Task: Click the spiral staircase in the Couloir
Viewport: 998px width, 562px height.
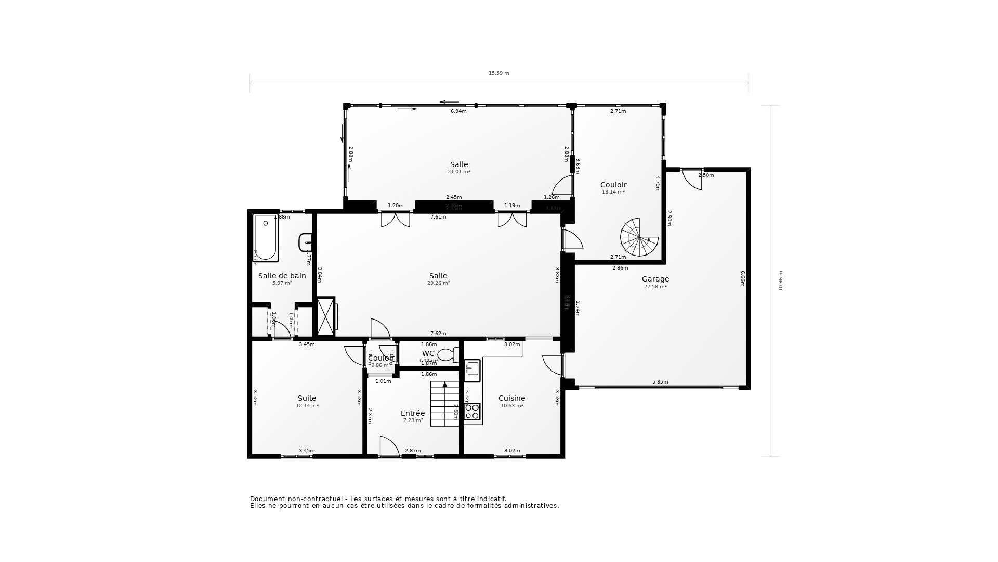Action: click(639, 237)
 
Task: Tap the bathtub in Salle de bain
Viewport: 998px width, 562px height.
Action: click(265, 238)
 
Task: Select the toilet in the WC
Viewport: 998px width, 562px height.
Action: click(448, 355)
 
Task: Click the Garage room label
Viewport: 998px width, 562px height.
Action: click(655, 279)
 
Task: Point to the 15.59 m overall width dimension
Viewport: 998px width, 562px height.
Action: click(498, 73)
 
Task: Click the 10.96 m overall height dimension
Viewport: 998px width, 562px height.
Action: click(780, 281)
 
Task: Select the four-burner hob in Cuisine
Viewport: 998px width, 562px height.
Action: click(472, 412)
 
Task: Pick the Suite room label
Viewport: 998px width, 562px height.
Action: click(307, 398)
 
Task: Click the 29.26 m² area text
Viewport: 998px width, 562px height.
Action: click(438, 283)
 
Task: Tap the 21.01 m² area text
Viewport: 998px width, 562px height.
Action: click(458, 172)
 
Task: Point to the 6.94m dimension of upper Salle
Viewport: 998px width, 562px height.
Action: click(458, 111)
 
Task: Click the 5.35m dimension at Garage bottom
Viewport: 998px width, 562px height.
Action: click(660, 382)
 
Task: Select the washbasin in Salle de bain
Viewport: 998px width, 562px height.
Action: click(305, 242)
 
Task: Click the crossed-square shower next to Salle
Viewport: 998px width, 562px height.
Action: click(326, 316)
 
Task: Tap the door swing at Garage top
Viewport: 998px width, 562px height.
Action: click(692, 180)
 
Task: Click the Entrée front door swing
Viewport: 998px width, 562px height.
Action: click(389, 446)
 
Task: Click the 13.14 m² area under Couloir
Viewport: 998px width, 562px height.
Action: click(613, 192)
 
